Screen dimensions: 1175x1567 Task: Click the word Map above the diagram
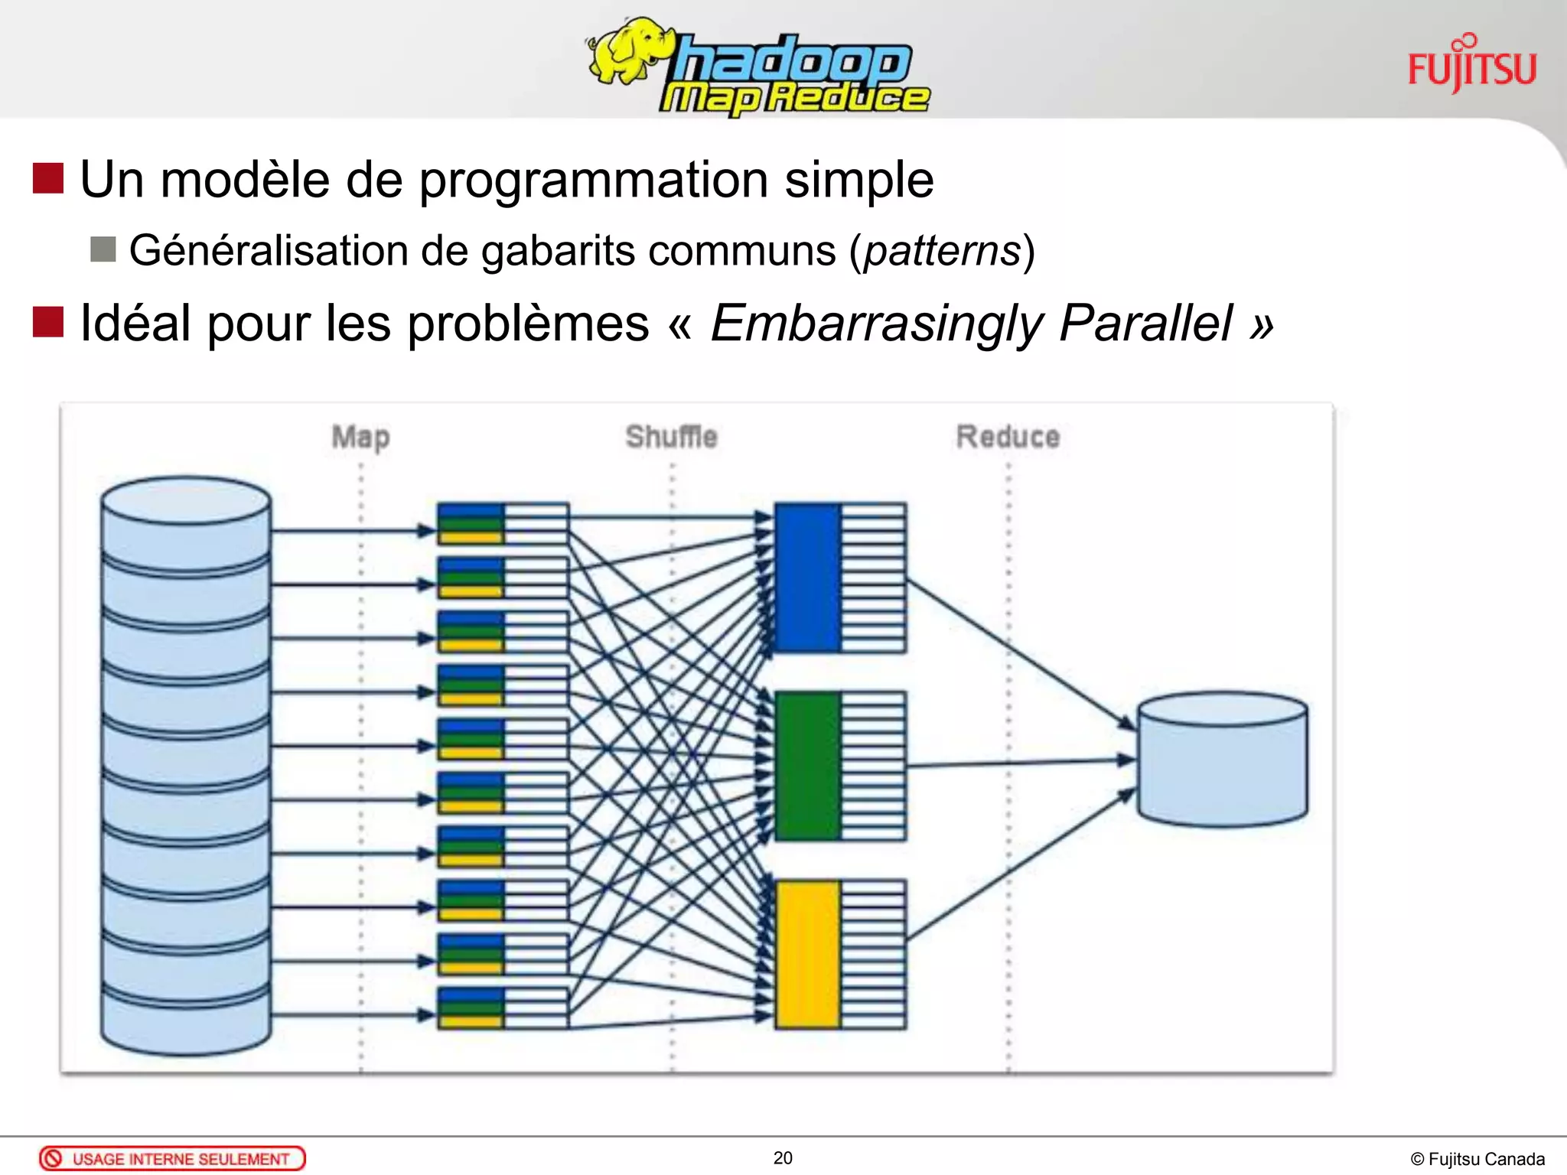360,438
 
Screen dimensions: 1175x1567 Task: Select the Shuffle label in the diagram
671,437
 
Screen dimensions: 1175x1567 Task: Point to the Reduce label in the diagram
1008,437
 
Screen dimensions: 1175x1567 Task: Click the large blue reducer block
808,578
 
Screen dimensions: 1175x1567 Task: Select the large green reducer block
808,766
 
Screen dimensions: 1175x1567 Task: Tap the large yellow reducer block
808,954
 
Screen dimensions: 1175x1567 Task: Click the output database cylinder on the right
1222,760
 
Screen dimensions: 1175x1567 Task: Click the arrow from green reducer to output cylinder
1018,763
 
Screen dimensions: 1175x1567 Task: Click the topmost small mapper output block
503,523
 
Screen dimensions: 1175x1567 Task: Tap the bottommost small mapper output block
503,1008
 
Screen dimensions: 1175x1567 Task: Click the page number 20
783,1158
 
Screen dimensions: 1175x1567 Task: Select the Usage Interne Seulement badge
172,1158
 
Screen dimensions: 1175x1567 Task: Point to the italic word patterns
942,251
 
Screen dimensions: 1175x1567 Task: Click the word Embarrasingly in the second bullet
877,324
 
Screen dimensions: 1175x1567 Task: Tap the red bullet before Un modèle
48,178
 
